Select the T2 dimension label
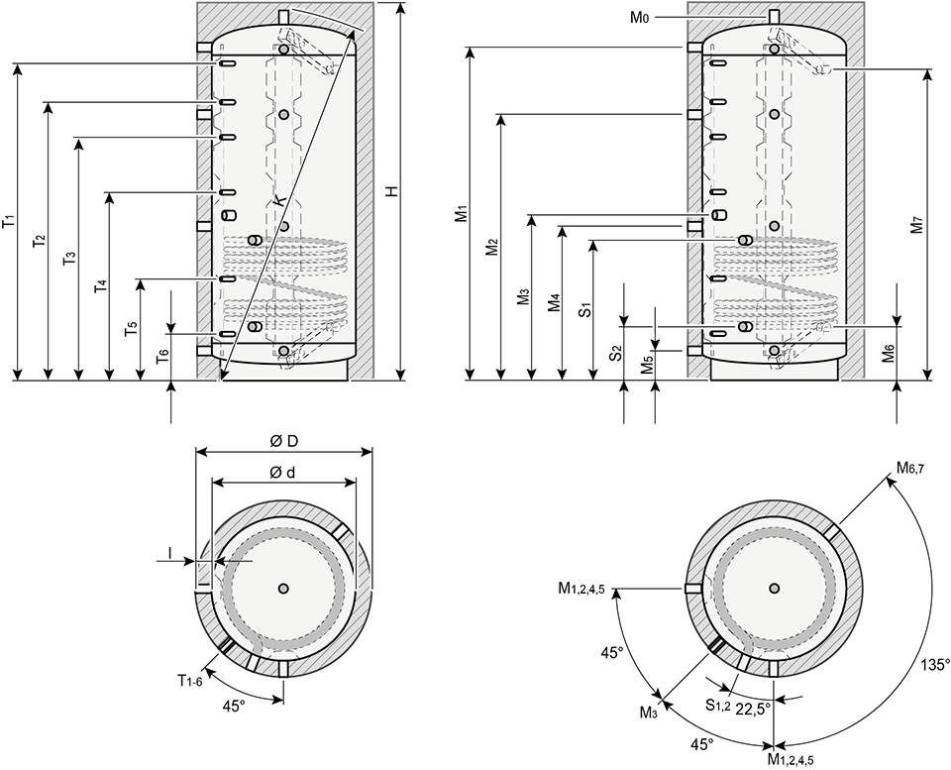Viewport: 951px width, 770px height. coord(41,242)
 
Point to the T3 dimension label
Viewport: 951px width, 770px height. coord(70,260)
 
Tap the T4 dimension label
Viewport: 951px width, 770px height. coord(101,287)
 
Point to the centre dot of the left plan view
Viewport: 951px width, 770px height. coord(284,589)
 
